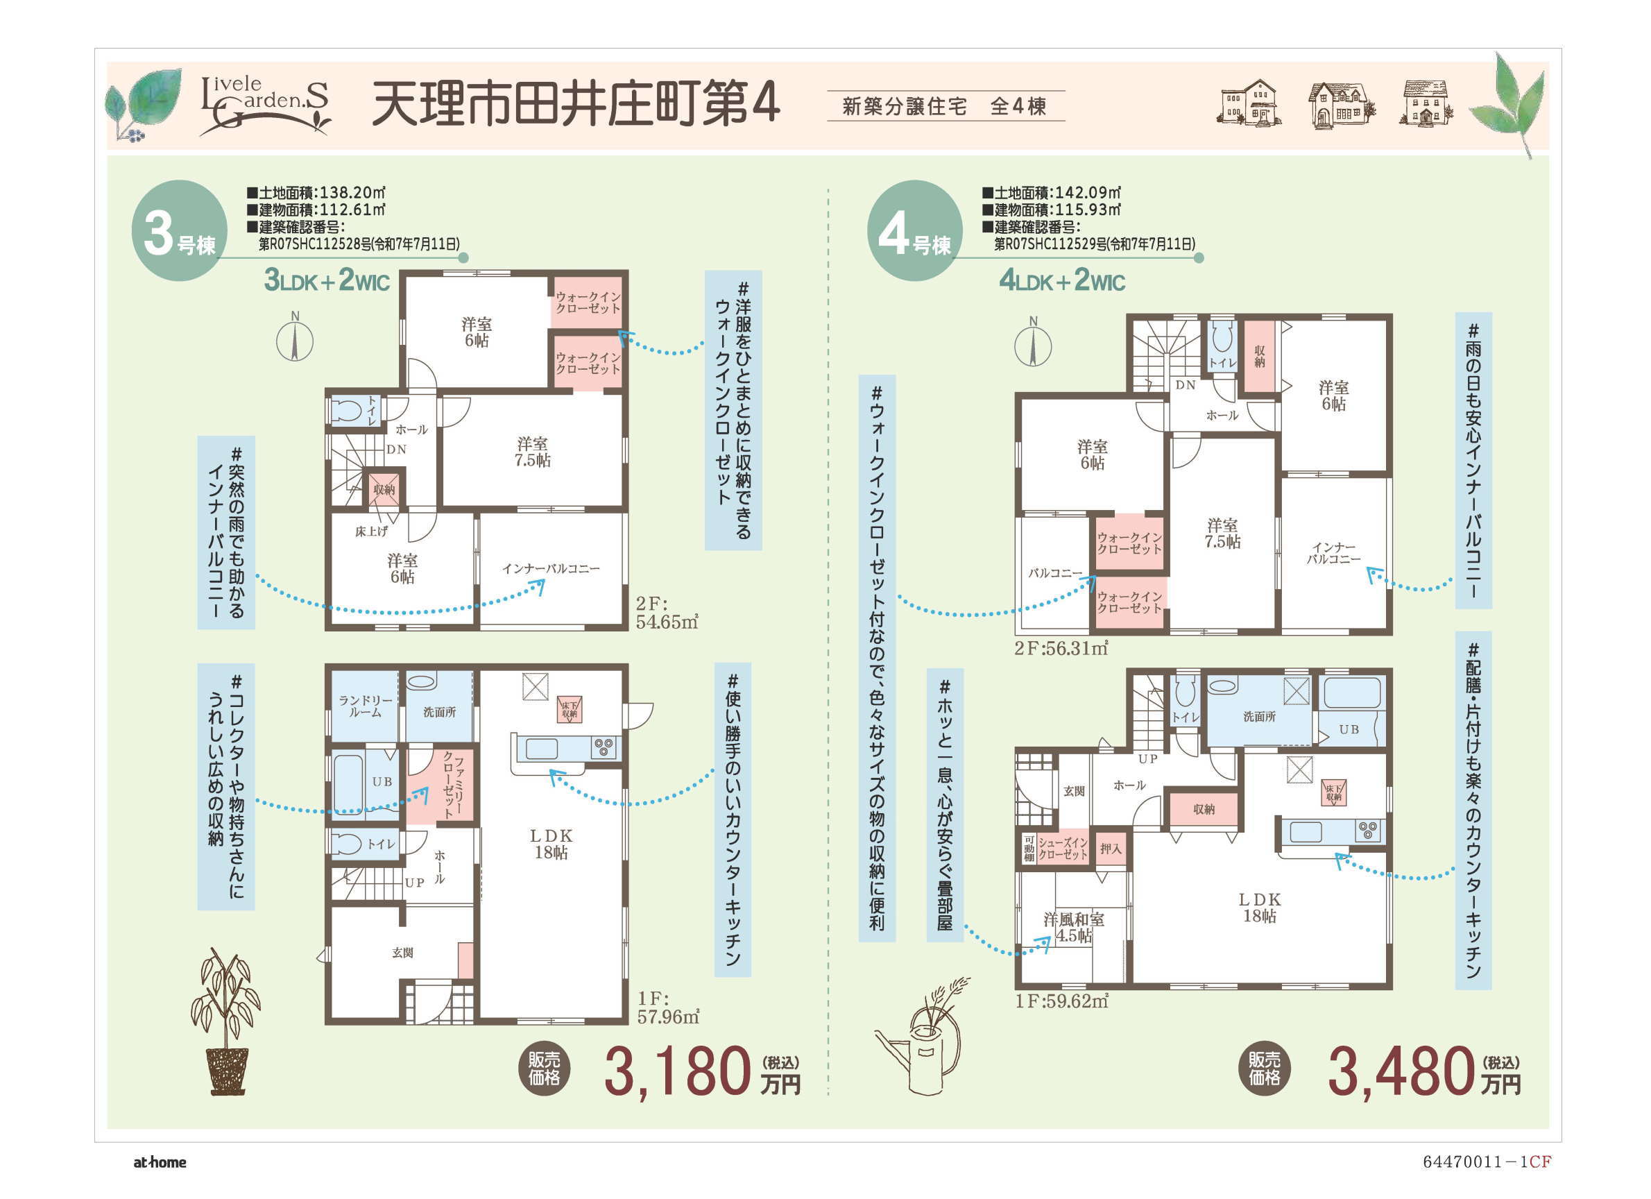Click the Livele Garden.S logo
pyautogui.click(x=265, y=105)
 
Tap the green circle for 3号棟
pyautogui.click(x=179, y=231)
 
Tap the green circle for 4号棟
pyautogui.click(x=915, y=231)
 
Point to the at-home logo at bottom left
pyautogui.click(x=160, y=1162)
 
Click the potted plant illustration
pyautogui.click(x=225, y=1021)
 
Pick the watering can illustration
pyautogui.click(x=920, y=1037)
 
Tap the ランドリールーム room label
pyautogui.click(x=366, y=706)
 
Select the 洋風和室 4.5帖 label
pyautogui.click(x=1074, y=928)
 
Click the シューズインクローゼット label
pyautogui.click(x=1063, y=849)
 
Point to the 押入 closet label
pyautogui.click(x=1111, y=849)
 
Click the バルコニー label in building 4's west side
pyautogui.click(x=1055, y=573)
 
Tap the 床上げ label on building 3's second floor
pyautogui.click(x=371, y=532)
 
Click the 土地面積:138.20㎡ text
pyautogui.click(x=316, y=193)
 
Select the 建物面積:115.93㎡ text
pyautogui.click(x=1051, y=210)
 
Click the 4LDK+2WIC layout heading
pyautogui.click(x=1062, y=280)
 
